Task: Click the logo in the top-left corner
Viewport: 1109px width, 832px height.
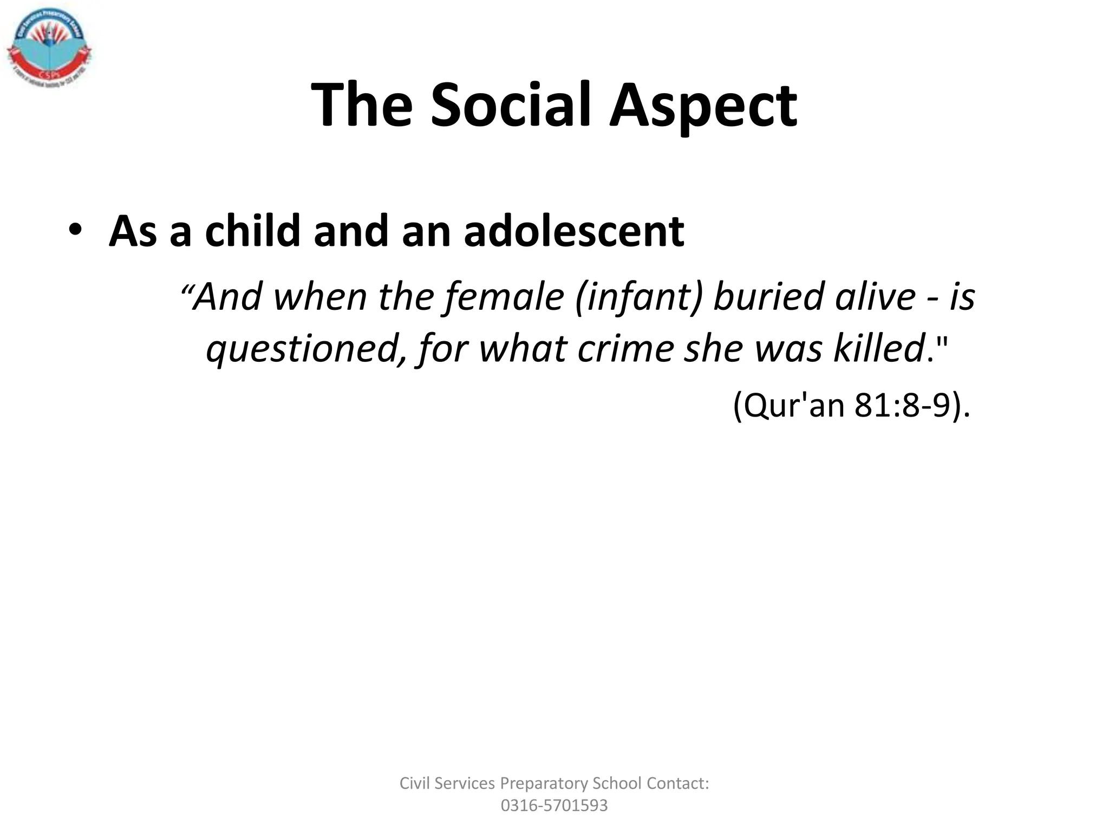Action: (x=49, y=49)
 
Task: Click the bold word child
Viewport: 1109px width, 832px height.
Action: (x=252, y=231)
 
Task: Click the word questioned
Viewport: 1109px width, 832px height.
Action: (x=306, y=349)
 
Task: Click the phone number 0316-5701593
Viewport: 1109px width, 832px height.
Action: (x=554, y=805)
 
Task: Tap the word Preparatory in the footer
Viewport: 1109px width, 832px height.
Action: (x=544, y=784)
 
